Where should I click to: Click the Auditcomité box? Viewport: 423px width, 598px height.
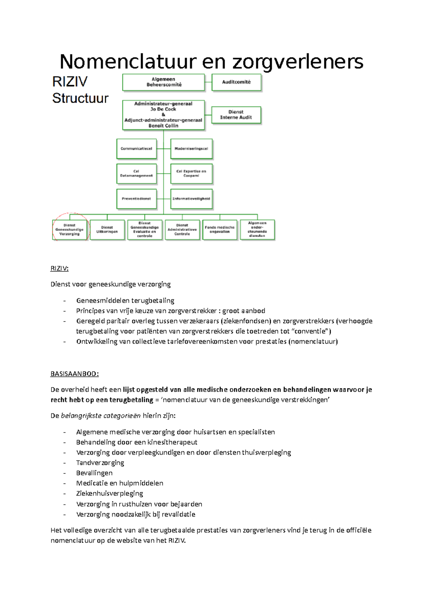click(x=236, y=82)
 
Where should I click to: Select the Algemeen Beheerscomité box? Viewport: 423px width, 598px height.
click(x=164, y=82)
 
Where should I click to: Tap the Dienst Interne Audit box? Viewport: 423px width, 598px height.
click(x=236, y=115)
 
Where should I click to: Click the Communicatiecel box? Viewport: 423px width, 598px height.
click(x=136, y=149)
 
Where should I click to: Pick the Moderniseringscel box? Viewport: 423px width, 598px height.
click(x=191, y=149)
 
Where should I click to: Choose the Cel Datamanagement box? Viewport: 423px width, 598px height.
click(x=136, y=174)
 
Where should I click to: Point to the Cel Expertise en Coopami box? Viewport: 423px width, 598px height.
click(x=191, y=174)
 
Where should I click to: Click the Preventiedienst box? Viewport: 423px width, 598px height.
click(x=136, y=199)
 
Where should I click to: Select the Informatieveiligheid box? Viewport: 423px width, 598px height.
click(x=191, y=199)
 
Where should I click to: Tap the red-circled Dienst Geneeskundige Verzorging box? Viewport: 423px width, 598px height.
click(x=69, y=230)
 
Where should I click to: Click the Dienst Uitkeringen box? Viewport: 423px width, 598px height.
click(x=107, y=230)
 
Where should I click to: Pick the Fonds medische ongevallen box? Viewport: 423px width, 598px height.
click(x=220, y=230)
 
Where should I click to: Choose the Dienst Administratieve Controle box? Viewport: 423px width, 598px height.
click(x=182, y=230)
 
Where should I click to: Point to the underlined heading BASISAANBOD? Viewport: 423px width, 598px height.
click(x=74, y=374)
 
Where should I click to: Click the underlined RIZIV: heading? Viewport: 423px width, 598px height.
click(x=59, y=268)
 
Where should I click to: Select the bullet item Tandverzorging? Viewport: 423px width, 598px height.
click(x=100, y=463)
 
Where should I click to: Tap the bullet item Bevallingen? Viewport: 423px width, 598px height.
click(x=94, y=473)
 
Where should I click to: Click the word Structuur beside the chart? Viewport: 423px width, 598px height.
click(x=80, y=98)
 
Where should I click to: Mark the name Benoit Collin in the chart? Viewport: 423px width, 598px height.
click(x=163, y=126)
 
